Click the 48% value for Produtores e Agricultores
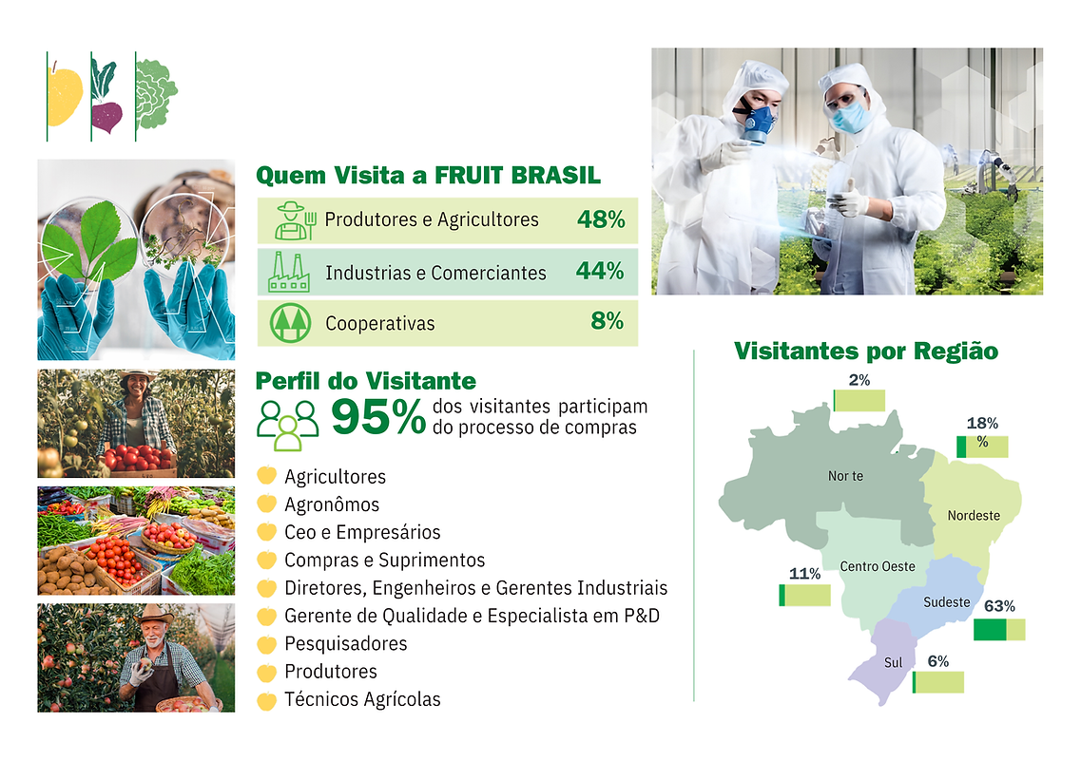[x=600, y=219]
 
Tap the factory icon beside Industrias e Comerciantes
[x=288, y=272]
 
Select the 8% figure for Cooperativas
[x=607, y=321]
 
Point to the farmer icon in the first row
[x=291, y=220]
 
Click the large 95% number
[x=378, y=417]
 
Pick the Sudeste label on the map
[x=947, y=601]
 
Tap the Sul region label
[x=893, y=662]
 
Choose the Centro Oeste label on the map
[x=877, y=566]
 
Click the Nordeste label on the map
[x=974, y=515]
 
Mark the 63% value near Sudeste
[x=1000, y=605]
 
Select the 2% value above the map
[x=859, y=379]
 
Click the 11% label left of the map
[x=804, y=573]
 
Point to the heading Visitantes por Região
[x=866, y=351]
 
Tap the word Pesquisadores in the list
[x=345, y=643]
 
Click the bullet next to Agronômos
[x=266, y=504]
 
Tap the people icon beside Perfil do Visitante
[x=287, y=423]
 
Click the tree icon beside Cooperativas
[x=289, y=323]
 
